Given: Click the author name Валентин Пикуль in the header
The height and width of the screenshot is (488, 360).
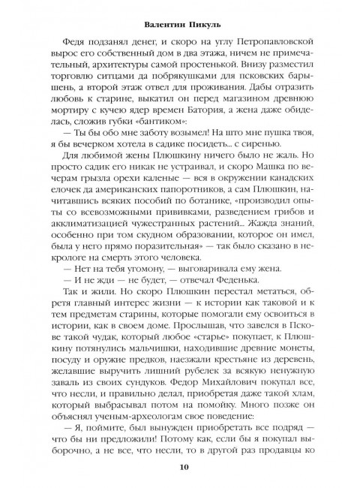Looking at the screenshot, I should (180, 25).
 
